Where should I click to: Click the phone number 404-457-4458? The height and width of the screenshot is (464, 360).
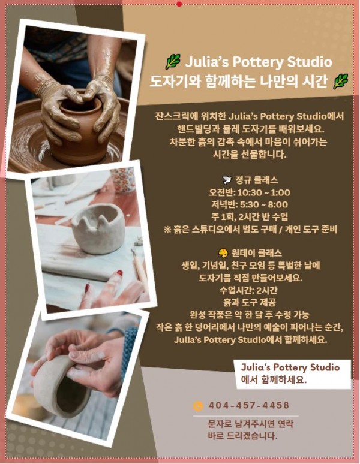[248, 405]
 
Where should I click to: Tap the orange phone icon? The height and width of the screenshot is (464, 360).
[198, 406]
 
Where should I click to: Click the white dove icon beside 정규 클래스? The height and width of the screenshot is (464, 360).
[227, 180]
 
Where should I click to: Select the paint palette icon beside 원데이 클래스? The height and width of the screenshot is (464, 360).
[223, 254]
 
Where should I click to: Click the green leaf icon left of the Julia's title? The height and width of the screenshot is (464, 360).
[173, 62]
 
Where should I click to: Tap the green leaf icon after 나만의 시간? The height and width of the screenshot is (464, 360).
[341, 82]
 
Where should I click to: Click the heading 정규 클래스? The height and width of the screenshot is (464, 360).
[256, 180]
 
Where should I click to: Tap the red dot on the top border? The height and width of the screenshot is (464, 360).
[179, 4]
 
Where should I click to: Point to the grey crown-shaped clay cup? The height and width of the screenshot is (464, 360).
[98, 228]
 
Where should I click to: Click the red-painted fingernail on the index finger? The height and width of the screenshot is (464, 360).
[119, 273]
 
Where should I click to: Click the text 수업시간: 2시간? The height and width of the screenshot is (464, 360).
[248, 290]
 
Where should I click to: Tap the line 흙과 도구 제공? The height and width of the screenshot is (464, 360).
[249, 302]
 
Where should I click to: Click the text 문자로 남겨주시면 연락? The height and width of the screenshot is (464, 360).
[250, 424]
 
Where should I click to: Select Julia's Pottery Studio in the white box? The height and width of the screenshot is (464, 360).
[290, 368]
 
